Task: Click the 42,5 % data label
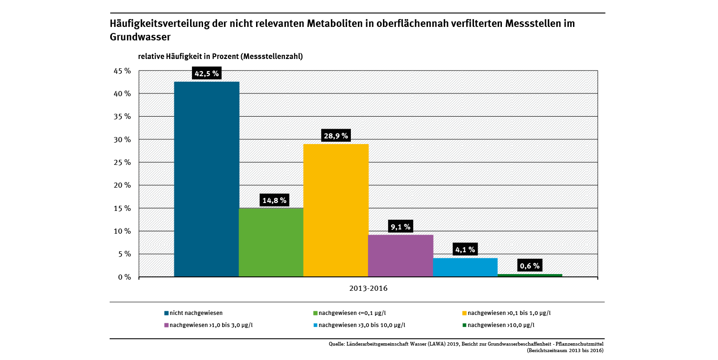206,73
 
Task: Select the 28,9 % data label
336,136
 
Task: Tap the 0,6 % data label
530,266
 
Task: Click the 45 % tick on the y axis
123,71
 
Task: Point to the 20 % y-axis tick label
123,185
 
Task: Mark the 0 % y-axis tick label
125,277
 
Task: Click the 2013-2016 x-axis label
368,288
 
